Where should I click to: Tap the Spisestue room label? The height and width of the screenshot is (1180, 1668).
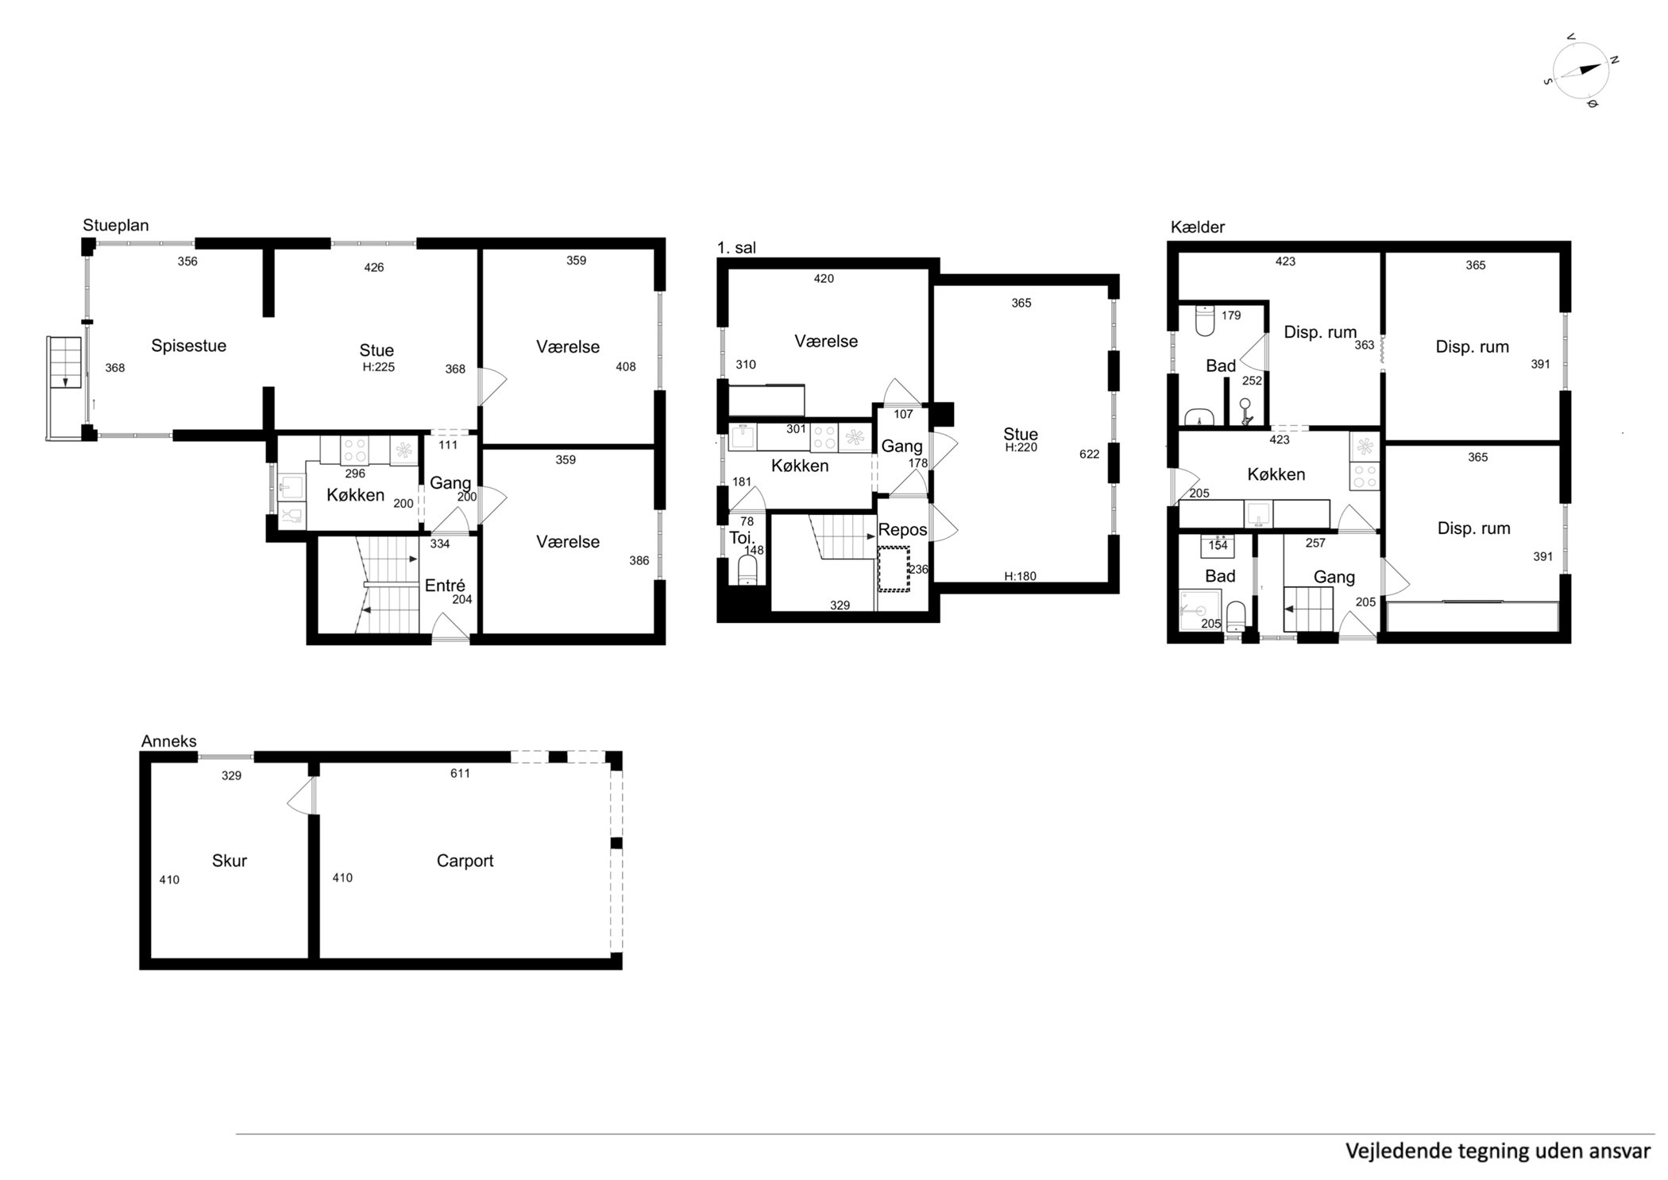coord(189,346)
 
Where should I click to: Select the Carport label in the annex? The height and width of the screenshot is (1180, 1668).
coord(465,861)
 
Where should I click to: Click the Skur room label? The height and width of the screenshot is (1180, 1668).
coord(230,861)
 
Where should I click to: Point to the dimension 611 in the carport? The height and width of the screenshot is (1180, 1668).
coord(460,773)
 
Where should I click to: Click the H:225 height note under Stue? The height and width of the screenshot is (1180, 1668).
coord(379,367)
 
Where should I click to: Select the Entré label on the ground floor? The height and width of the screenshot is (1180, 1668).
coord(445,586)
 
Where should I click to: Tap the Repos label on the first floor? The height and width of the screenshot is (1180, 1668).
coord(902,530)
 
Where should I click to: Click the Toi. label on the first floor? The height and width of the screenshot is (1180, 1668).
coord(742,537)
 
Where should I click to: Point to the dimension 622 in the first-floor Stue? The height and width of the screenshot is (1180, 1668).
coord(1089,455)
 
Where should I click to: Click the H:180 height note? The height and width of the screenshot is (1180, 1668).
coord(1020,576)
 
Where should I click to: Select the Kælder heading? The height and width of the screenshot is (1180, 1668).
coord(1197,227)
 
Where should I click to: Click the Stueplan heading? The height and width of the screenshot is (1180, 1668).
coord(116,226)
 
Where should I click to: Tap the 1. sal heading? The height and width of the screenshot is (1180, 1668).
coord(736,248)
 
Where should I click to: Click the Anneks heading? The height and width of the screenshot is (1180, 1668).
coord(168,741)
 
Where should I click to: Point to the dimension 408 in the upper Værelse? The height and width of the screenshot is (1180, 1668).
coord(626,367)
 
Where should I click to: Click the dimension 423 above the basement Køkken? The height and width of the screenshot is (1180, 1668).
coord(1279,439)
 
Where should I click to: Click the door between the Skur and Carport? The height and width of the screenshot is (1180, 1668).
coord(302,797)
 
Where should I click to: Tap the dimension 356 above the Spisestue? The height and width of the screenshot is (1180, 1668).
coord(187,261)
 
